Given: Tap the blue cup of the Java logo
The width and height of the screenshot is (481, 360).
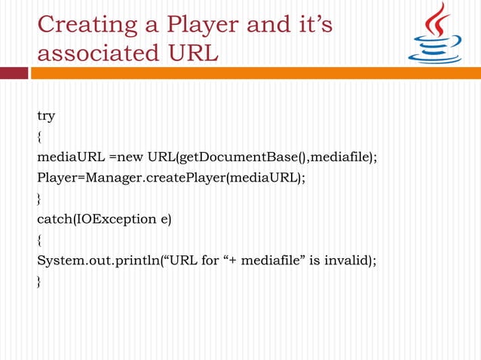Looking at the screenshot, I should pos(435,51).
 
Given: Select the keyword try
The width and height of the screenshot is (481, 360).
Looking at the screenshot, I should pos(46,117).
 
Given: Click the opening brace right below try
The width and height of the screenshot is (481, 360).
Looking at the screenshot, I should pos(40,136).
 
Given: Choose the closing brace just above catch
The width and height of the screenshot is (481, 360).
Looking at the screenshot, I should pos(40,198).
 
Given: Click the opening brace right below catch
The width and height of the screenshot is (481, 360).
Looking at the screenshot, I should pos(40,239).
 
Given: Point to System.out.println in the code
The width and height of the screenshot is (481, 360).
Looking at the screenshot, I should pos(97,261).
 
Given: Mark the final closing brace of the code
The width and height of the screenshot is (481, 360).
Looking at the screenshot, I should pos(40,281).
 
